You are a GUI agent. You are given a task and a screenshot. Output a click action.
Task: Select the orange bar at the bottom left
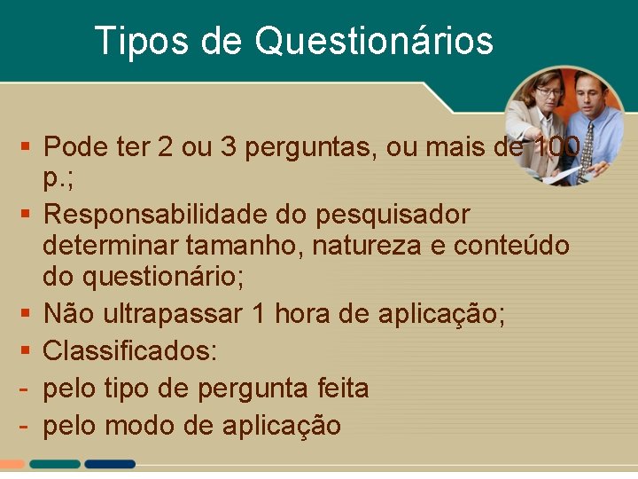[x=12, y=464]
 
